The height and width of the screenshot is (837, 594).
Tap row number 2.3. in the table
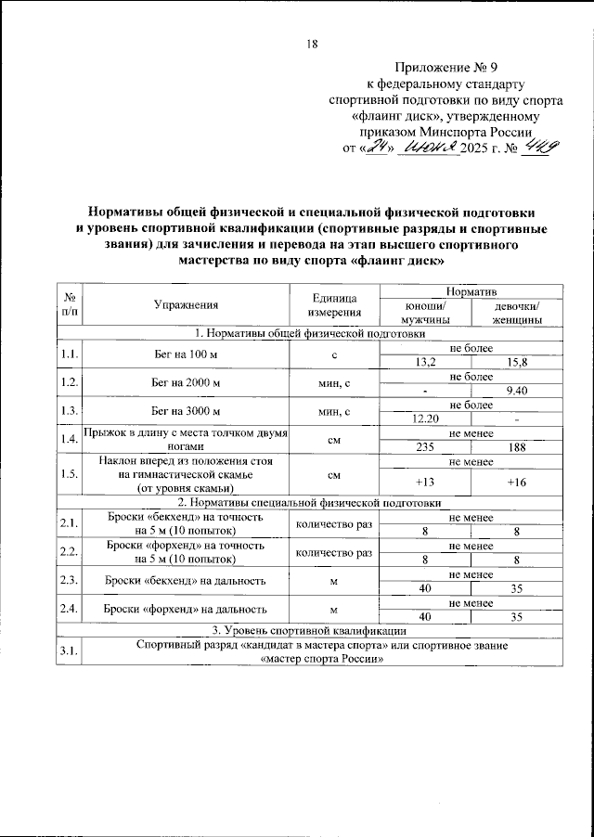(69, 581)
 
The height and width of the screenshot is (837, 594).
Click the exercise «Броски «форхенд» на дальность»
(187, 610)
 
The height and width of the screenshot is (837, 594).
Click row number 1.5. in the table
(69, 474)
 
